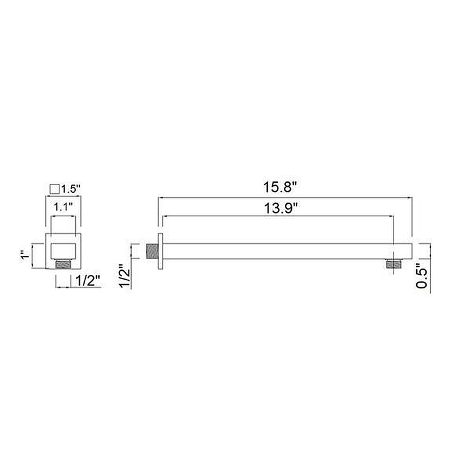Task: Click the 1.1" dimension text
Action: click(63, 207)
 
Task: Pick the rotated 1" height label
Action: click(24, 255)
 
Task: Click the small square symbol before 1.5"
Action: click(55, 189)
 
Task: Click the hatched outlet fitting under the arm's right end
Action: click(392, 264)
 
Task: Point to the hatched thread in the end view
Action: click(63, 265)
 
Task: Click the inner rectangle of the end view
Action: click(63, 250)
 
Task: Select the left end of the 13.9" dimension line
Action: click(162, 216)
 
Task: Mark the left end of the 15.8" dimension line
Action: click(157, 199)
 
